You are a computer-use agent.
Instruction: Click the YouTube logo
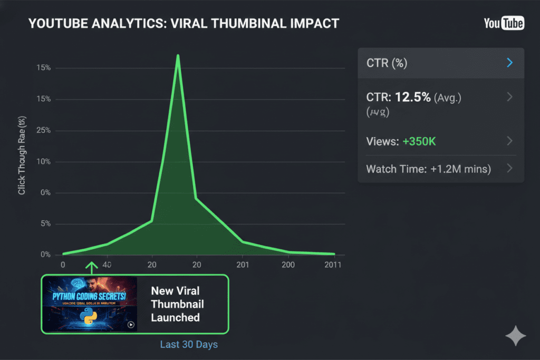(504, 23)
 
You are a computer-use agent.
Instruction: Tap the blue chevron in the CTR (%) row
(509, 63)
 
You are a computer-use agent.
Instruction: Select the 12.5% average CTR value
(413, 97)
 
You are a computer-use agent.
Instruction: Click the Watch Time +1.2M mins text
(428, 169)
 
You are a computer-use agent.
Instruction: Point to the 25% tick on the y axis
(43, 131)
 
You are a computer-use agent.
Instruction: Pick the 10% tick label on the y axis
(43, 162)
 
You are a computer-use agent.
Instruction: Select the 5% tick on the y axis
(45, 224)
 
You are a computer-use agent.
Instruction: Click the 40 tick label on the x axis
(107, 265)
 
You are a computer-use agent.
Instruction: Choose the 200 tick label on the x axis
(288, 265)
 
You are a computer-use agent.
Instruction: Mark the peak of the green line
(178, 55)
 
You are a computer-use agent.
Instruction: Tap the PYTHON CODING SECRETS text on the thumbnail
(89, 296)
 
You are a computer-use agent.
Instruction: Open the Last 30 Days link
(189, 344)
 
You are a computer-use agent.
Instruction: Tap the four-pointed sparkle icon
(515, 336)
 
